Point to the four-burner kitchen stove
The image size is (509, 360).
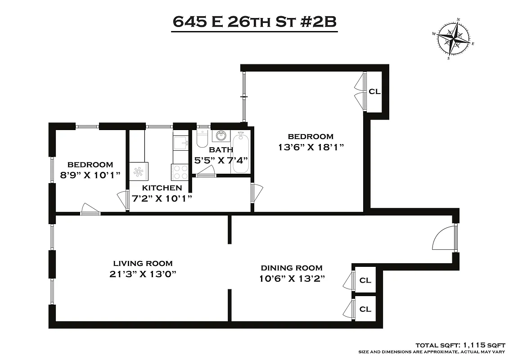(180, 171)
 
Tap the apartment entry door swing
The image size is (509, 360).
(444, 238)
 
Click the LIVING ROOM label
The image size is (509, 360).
(143, 264)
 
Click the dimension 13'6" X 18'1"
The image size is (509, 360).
(311, 147)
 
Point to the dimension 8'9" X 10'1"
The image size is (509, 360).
(90, 175)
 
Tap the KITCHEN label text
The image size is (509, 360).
(162, 188)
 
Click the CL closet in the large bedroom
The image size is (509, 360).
(374, 92)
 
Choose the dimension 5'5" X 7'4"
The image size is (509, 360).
(221, 160)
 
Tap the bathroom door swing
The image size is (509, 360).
(206, 170)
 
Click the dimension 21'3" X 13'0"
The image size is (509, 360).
(143, 274)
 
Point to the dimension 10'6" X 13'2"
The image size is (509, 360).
(292, 279)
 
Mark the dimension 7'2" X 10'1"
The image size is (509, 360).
(161, 198)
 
